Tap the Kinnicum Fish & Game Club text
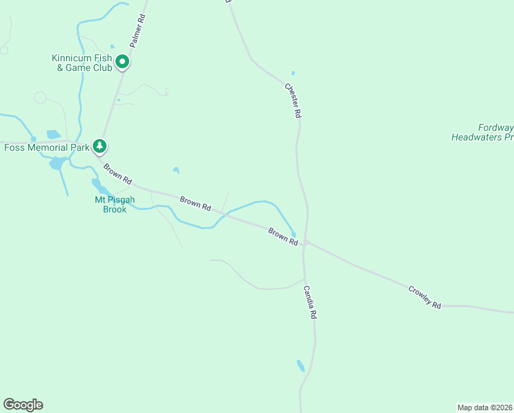click(82, 63)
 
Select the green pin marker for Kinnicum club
click(122, 62)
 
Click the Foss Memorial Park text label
click(47, 147)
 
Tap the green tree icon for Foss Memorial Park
click(100, 146)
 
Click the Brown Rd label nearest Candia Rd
click(283, 237)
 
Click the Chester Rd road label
click(293, 101)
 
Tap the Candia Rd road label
click(309, 304)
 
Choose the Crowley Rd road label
click(424, 297)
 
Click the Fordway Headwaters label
click(482, 132)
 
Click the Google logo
click(23, 405)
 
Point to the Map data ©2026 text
click(485, 407)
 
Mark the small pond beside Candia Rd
click(300, 365)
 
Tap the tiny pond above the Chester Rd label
click(293, 73)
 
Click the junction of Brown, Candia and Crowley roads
click(305, 242)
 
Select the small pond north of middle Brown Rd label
click(177, 170)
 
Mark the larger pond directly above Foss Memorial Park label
click(53, 134)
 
